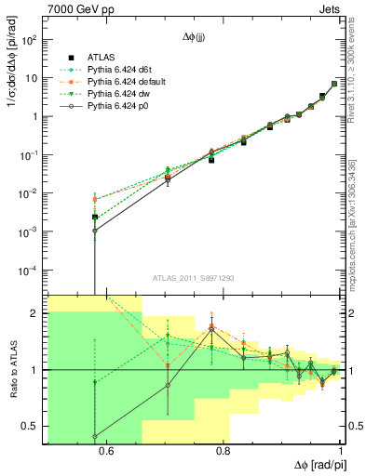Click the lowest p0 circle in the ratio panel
(95, 435)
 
